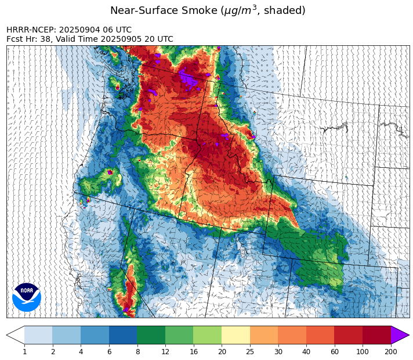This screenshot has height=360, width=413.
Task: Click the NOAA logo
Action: point(27,296)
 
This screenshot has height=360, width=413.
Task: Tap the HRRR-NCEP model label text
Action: point(32,30)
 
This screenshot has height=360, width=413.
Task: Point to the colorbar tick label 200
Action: point(390,351)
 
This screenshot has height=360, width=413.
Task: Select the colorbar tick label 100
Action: point(363,351)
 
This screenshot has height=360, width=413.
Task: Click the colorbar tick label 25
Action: point(249,351)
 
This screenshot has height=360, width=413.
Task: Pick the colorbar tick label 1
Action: point(24,351)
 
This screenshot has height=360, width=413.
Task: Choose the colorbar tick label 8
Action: point(137,351)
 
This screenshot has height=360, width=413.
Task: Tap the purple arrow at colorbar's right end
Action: point(400,335)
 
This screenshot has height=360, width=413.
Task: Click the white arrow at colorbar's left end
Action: point(16,335)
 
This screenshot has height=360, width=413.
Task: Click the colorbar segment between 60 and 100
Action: point(348,335)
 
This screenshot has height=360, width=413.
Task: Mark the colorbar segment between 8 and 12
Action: point(151,335)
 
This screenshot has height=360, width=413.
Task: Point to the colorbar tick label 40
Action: point(306,351)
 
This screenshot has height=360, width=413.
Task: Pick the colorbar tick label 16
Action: point(193,351)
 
